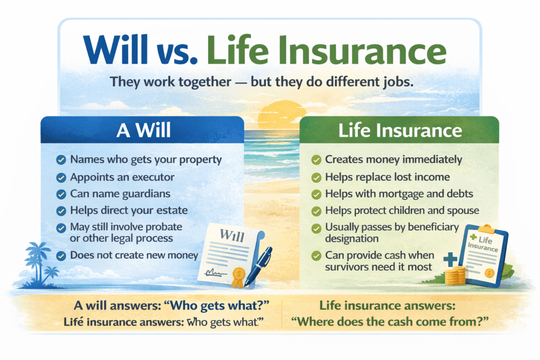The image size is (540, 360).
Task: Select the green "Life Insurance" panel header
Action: pos(400,130)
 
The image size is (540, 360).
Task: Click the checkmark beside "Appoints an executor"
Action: pos(61,177)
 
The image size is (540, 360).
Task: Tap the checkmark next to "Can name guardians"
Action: pos(61,194)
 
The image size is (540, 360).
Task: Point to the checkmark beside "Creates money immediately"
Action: pos(316,159)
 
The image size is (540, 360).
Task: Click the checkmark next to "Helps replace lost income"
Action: pos(316,177)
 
